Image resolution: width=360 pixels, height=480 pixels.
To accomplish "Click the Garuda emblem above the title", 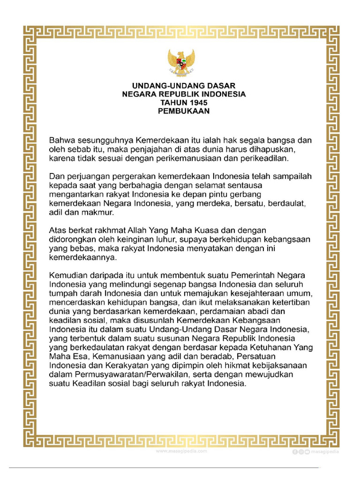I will (181, 63).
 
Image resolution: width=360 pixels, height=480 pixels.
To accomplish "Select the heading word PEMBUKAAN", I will (183, 111).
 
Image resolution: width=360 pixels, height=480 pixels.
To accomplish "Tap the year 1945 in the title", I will (195, 103).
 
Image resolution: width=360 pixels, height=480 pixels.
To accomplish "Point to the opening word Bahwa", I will (62, 141).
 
